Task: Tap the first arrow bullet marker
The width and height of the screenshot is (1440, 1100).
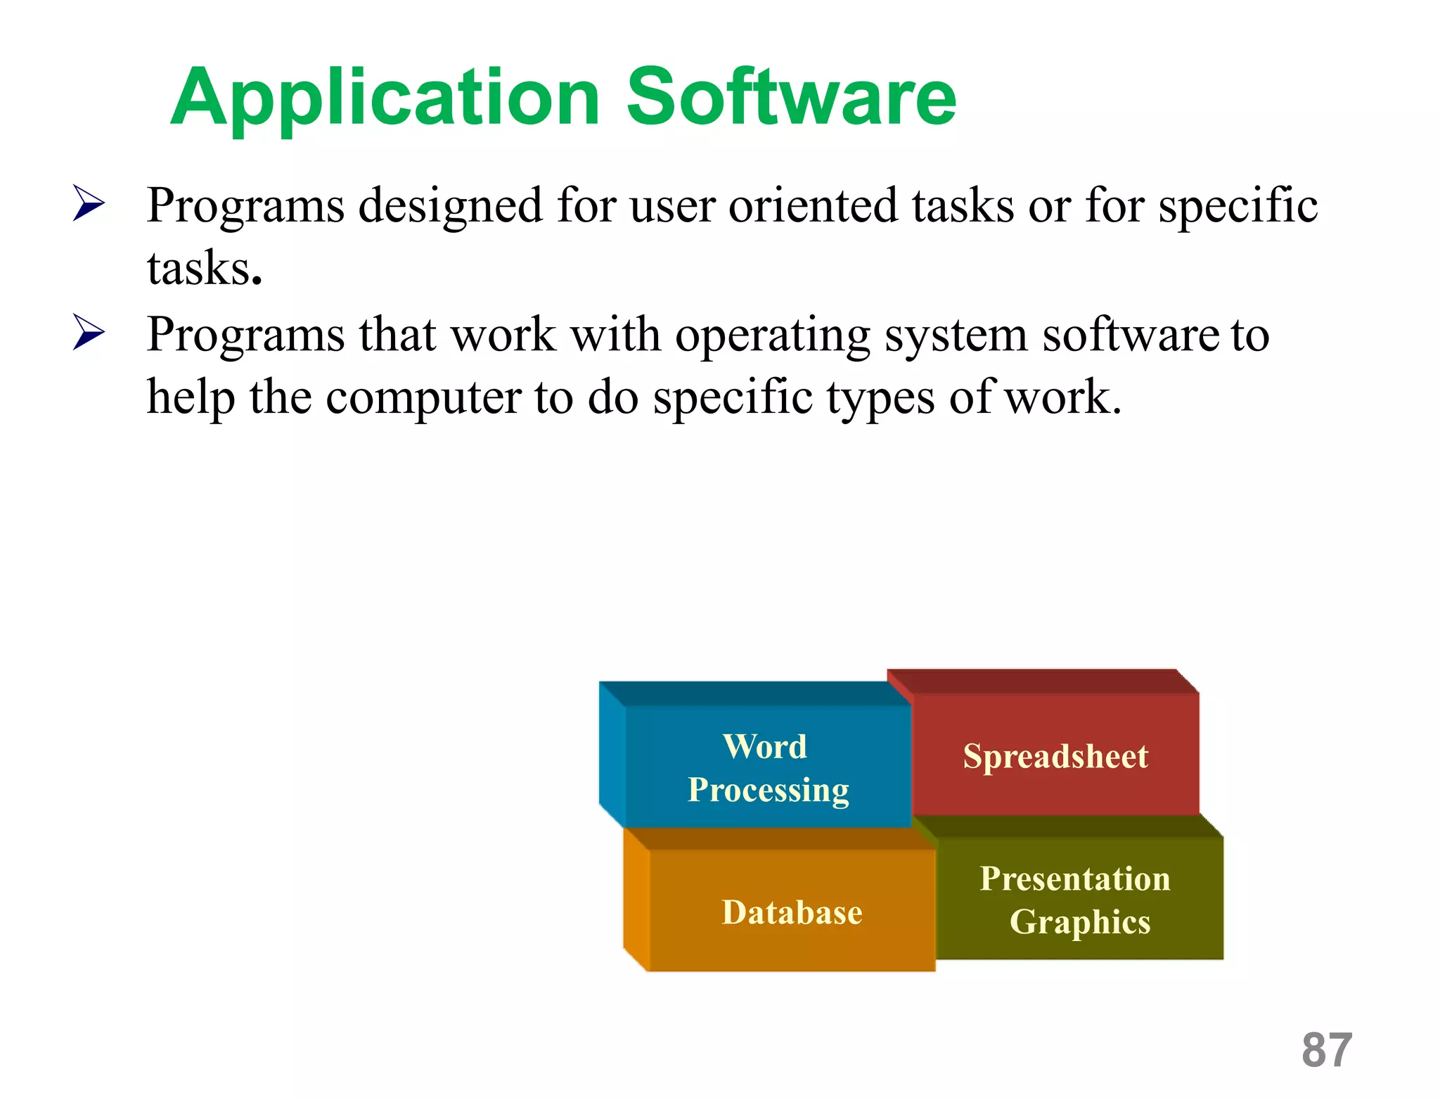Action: (89, 204)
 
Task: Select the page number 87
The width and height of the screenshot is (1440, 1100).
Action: (1326, 1050)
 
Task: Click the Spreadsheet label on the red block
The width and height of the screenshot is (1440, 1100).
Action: (1055, 757)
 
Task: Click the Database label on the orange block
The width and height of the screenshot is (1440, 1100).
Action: (792, 913)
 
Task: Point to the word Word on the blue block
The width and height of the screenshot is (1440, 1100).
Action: (765, 746)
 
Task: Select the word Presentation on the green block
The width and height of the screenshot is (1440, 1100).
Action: (1075, 879)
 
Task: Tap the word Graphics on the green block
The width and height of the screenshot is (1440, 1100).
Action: (1079, 922)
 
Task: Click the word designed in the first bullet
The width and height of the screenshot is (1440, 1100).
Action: (450, 206)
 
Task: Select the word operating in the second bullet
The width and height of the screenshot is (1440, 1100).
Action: (772, 336)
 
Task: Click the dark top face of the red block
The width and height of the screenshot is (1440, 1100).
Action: (1041, 682)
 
